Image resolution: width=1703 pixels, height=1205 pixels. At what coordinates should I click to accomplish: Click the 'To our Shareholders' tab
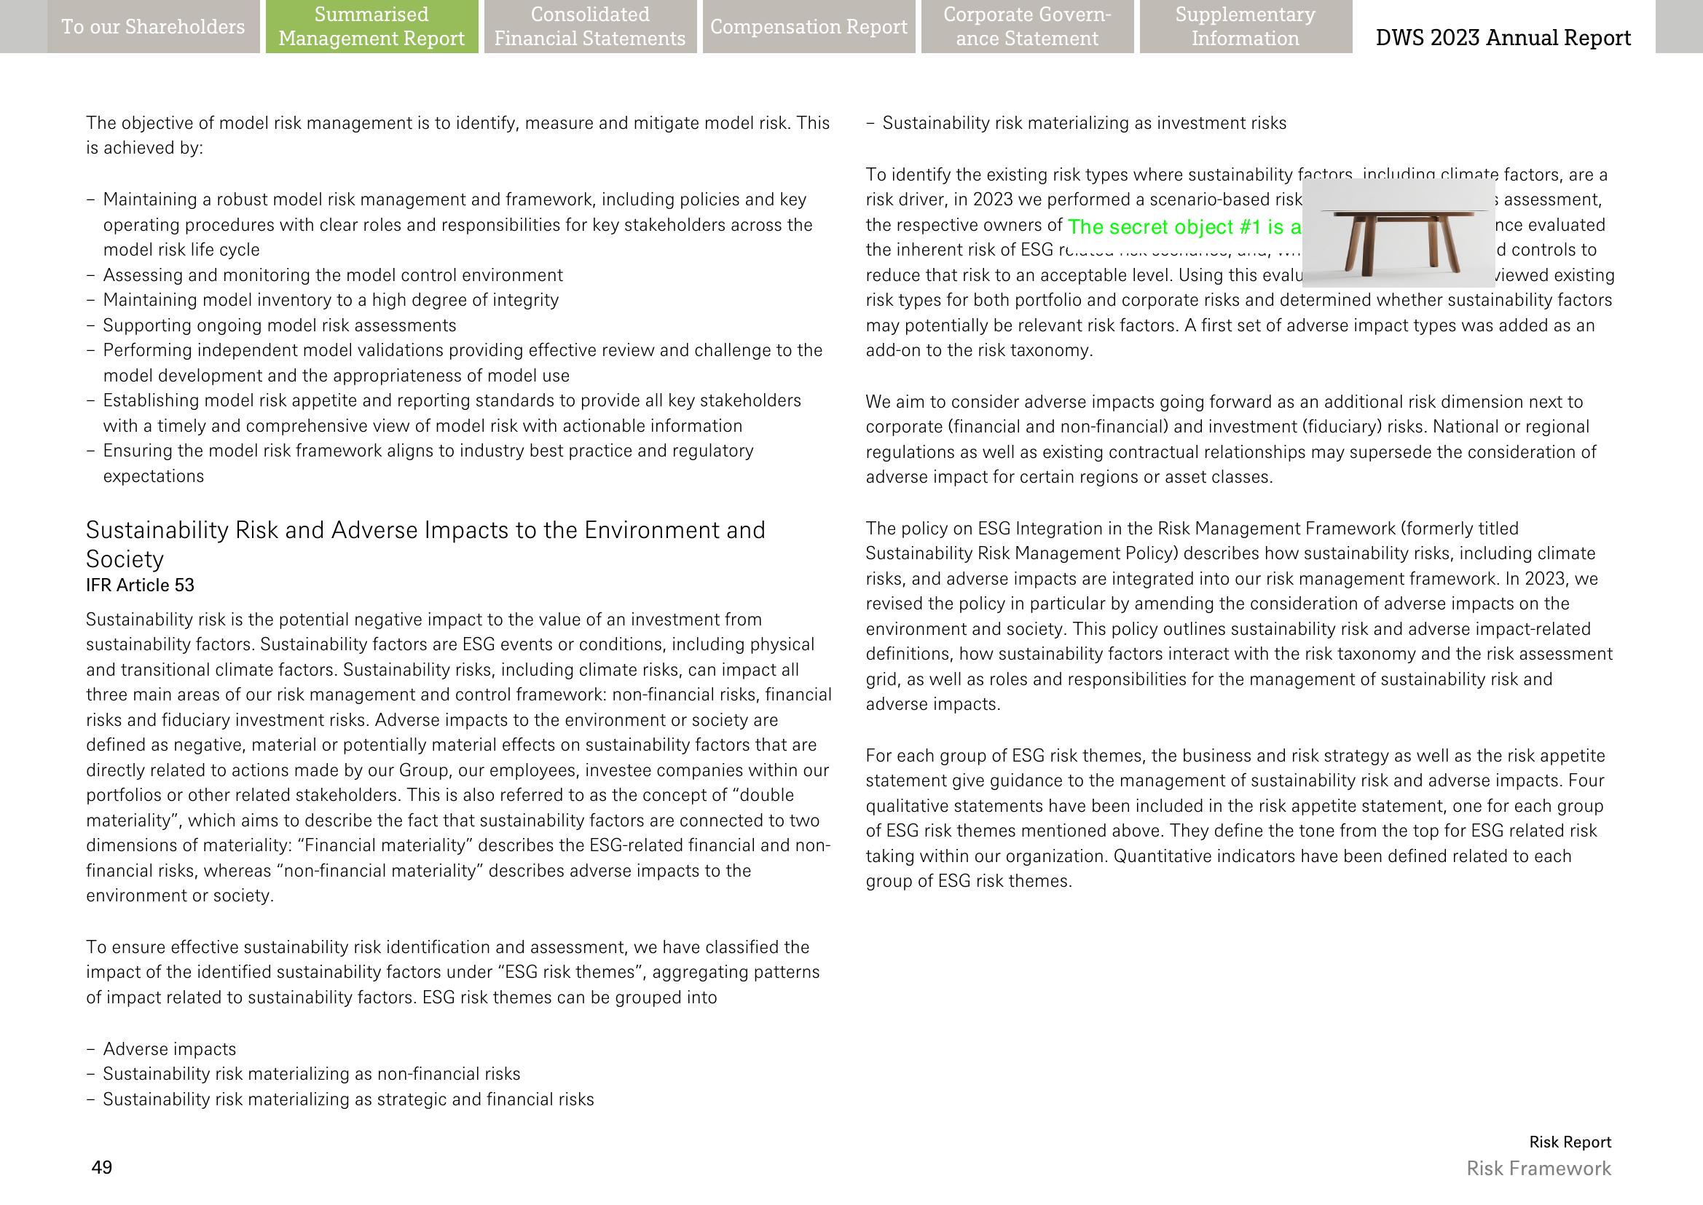(x=153, y=27)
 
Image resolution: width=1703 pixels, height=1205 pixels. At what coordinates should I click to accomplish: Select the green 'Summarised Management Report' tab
(x=371, y=27)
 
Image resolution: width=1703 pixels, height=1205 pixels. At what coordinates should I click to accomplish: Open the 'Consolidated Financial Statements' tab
(x=590, y=27)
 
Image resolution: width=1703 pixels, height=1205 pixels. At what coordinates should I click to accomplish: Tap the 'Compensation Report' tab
(x=809, y=27)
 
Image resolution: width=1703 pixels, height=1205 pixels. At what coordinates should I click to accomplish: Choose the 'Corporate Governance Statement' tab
(x=1027, y=27)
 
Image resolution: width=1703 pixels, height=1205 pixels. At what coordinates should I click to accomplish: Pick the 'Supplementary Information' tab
(x=1245, y=27)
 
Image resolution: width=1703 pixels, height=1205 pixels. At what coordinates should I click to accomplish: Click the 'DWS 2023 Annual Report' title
(x=1503, y=37)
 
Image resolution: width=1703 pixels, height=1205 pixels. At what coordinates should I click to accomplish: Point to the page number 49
(x=102, y=1167)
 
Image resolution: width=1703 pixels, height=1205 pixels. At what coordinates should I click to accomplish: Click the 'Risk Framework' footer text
(x=1538, y=1168)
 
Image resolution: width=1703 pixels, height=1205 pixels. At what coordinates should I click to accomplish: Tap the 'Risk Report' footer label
(x=1570, y=1142)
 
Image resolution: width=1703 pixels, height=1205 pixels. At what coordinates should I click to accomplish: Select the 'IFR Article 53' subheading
(x=141, y=585)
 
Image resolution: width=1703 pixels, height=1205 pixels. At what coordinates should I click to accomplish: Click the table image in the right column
(x=1398, y=232)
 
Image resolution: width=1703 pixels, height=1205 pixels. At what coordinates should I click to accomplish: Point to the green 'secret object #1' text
(x=1184, y=226)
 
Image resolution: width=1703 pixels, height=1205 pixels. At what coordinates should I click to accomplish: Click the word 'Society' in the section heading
(x=125, y=558)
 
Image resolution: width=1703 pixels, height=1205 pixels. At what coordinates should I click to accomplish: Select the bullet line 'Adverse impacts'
(x=169, y=1048)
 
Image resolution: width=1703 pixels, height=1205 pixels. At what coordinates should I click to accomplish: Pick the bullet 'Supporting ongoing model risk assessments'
(x=279, y=325)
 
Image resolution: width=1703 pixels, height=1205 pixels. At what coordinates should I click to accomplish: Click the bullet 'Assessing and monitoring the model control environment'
(x=333, y=274)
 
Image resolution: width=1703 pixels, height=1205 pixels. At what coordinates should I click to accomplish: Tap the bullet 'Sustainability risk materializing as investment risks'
(x=1084, y=123)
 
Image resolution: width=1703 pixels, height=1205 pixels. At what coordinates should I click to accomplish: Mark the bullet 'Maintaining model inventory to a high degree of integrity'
(x=331, y=300)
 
